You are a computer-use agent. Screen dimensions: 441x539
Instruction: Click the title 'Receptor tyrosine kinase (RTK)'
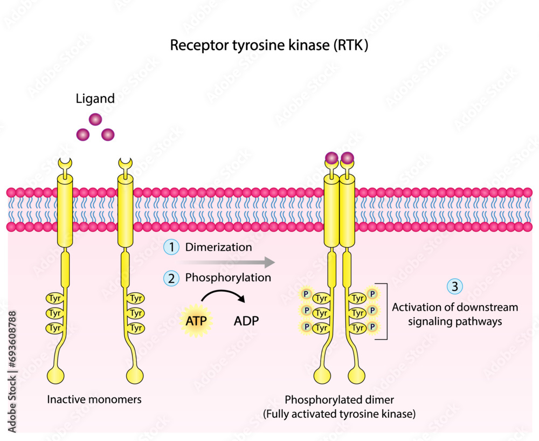(x=269, y=45)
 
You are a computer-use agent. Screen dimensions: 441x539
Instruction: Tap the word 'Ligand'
(x=95, y=99)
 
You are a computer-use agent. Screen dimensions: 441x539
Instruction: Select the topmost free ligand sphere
(x=95, y=120)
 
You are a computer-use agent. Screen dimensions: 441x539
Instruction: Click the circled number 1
(x=171, y=247)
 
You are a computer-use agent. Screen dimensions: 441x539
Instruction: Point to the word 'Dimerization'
(x=218, y=247)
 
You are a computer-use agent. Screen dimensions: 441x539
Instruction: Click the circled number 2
(x=171, y=278)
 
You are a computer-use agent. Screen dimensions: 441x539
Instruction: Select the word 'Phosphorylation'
(x=227, y=278)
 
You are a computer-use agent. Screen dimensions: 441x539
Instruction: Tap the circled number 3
(x=455, y=287)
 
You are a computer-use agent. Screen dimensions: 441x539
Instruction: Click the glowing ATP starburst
(x=196, y=321)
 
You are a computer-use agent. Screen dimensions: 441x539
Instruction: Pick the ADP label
(x=246, y=321)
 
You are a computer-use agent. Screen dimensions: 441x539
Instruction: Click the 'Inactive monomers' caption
(x=94, y=399)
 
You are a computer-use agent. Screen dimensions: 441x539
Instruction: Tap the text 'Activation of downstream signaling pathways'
(x=454, y=314)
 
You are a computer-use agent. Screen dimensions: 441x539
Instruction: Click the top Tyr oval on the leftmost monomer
(x=54, y=298)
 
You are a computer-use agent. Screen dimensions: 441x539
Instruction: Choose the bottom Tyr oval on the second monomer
(x=135, y=328)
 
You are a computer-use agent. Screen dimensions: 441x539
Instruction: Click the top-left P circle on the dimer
(x=306, y=294)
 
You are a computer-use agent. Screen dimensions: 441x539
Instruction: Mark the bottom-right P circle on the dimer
(x=372, y=327)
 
